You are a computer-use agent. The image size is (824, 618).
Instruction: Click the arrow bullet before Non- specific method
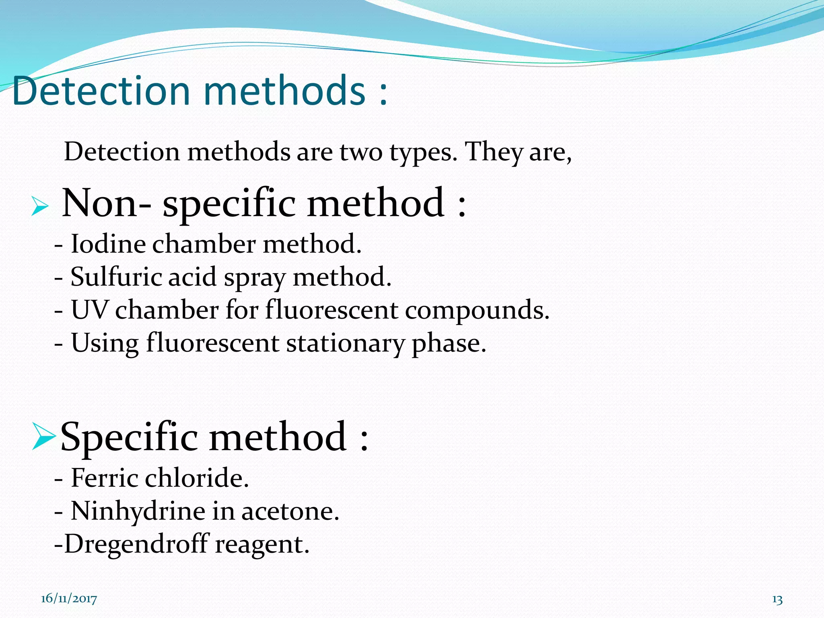pyautogui.click(x=40, y=207)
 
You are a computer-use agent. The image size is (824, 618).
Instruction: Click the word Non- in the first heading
pyautogui.click(x=107, y=203)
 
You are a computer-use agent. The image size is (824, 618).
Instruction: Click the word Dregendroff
pyautogui.click(x=137, y=544)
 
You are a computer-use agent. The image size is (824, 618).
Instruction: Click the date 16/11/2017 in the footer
pyautogui.click(x=69, y=599)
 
